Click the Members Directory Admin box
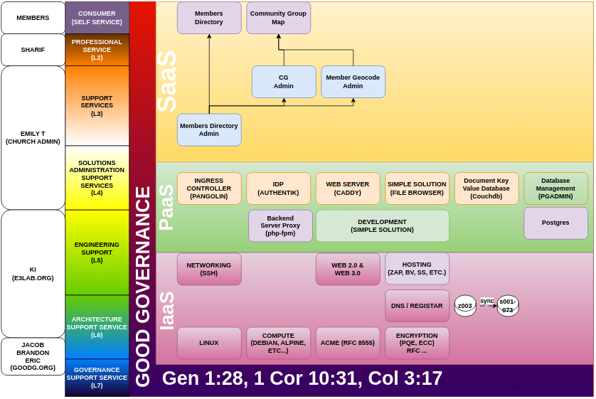tap(209, 129)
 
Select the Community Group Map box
tap(278, 18)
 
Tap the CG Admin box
tap(284, 82)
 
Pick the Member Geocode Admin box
tap(353, 82)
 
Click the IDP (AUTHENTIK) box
tap(278, 188)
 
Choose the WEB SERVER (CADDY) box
tap(347, 188)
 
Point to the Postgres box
tap(555, 223)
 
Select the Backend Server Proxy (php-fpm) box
tap(280, 225)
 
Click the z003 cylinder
tap(465, 306)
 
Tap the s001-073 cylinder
tap(507, 306)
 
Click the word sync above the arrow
tap(486, 301)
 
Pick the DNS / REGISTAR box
tap(417, 306)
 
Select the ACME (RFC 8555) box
tap(347, 343)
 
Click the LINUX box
tap(209, 343)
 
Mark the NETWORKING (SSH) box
tap(209, 269)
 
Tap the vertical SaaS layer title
tap(166, 81)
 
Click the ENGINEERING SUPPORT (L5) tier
tap(97, 252)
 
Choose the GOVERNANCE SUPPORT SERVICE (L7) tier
tap(97, 378)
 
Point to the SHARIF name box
tap(33, 50)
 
